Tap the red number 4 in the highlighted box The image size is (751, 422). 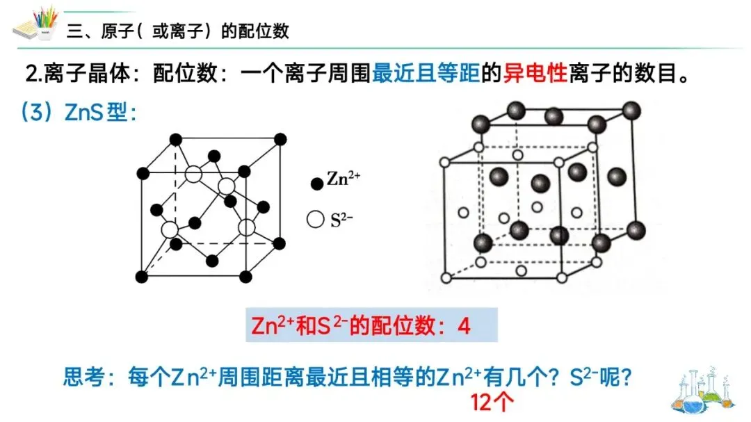(464, 326)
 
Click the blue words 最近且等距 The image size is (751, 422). (426, 73)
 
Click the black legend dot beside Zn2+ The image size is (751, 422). (316, 184)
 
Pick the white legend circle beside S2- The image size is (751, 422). (316, 220)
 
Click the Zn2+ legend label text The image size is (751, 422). (344, 180)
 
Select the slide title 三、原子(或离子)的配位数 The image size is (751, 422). (178, 31)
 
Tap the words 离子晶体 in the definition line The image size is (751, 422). (94, 73)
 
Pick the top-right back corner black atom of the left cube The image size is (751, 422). (280, 139)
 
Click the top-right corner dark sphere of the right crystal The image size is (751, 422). (631, 110)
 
